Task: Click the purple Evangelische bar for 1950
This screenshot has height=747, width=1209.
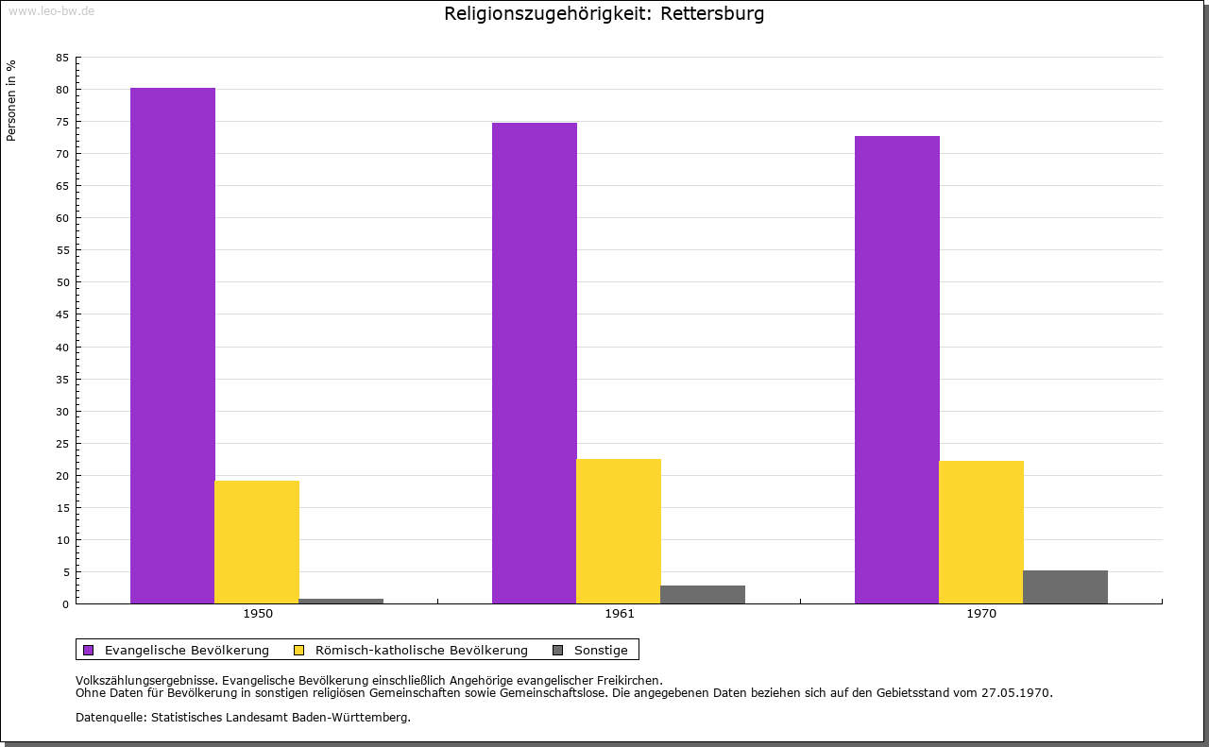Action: coord(173,346)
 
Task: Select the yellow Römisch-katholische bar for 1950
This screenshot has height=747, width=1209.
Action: coord(257,542)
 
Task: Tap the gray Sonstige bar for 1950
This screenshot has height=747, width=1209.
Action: coord(341,601)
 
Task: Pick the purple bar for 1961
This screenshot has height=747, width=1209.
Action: coord(535,363)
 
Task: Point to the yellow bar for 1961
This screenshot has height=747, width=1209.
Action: coord(619,531)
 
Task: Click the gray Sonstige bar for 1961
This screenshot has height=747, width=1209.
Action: coord(703,594)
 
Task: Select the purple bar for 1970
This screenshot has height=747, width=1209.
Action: coord(897,369)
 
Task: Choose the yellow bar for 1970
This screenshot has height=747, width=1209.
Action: coord(981,532)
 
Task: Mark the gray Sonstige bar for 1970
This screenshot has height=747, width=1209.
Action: coord(1065,586)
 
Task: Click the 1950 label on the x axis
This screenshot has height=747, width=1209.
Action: coord(258,614)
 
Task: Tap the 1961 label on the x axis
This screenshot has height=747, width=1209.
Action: coord(620,614)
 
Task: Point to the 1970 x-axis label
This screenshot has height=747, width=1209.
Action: coord(981,614)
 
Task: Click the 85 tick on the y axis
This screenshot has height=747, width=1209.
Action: coord(62,58)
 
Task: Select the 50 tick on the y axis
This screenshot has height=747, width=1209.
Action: coord(62,282)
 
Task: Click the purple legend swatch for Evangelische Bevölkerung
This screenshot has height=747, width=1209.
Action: coord(89,650)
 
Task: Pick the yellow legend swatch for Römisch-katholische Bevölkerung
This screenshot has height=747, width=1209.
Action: coord(299,650)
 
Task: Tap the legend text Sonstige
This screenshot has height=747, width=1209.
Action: coord(601,650)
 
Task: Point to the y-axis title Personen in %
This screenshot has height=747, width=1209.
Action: coord(11,100)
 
